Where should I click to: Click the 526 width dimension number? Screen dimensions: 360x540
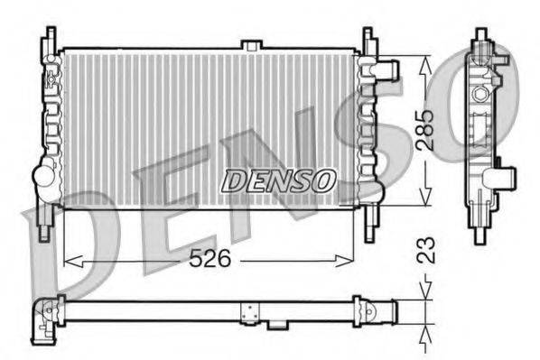(x=210, y=259)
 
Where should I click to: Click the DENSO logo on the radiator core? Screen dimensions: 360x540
(x=278, y=180)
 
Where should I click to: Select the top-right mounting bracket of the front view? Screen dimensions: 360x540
(x=368, y=39)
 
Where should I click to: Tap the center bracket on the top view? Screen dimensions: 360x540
(x=249, y=312)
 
